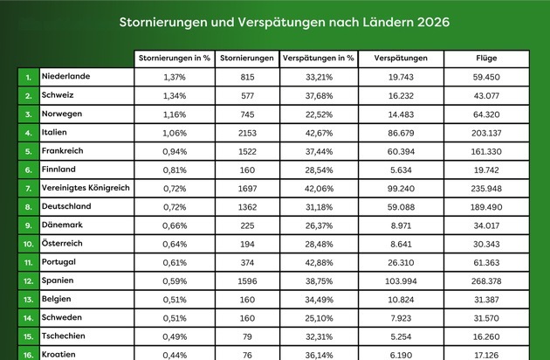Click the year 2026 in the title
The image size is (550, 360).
click(433, 22)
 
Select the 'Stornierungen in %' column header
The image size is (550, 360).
click(175, 58)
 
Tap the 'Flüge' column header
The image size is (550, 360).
click(486, 59)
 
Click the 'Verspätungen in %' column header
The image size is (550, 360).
click(319, 58)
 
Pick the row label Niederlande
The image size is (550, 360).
click(66, 76)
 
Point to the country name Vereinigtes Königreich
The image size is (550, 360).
click(86, 188)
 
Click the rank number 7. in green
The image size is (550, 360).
click(29, 189)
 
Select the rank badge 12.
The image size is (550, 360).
click(29, 281)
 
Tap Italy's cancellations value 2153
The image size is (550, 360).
click(247, 133)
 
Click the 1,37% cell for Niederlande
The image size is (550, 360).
click(175, 77)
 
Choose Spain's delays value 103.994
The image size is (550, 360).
click(401, 281)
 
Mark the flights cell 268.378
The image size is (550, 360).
click(486, 281)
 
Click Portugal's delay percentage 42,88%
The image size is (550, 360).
click(319, 263)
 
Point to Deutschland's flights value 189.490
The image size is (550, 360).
click(486, 207)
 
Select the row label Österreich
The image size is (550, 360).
click(62, 243)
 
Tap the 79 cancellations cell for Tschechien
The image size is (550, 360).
click(247, 336)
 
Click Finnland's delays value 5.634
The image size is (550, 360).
click(401, 170)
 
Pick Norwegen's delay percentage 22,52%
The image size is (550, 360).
click(319, 114)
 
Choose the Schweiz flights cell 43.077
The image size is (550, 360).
click(486, 96)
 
